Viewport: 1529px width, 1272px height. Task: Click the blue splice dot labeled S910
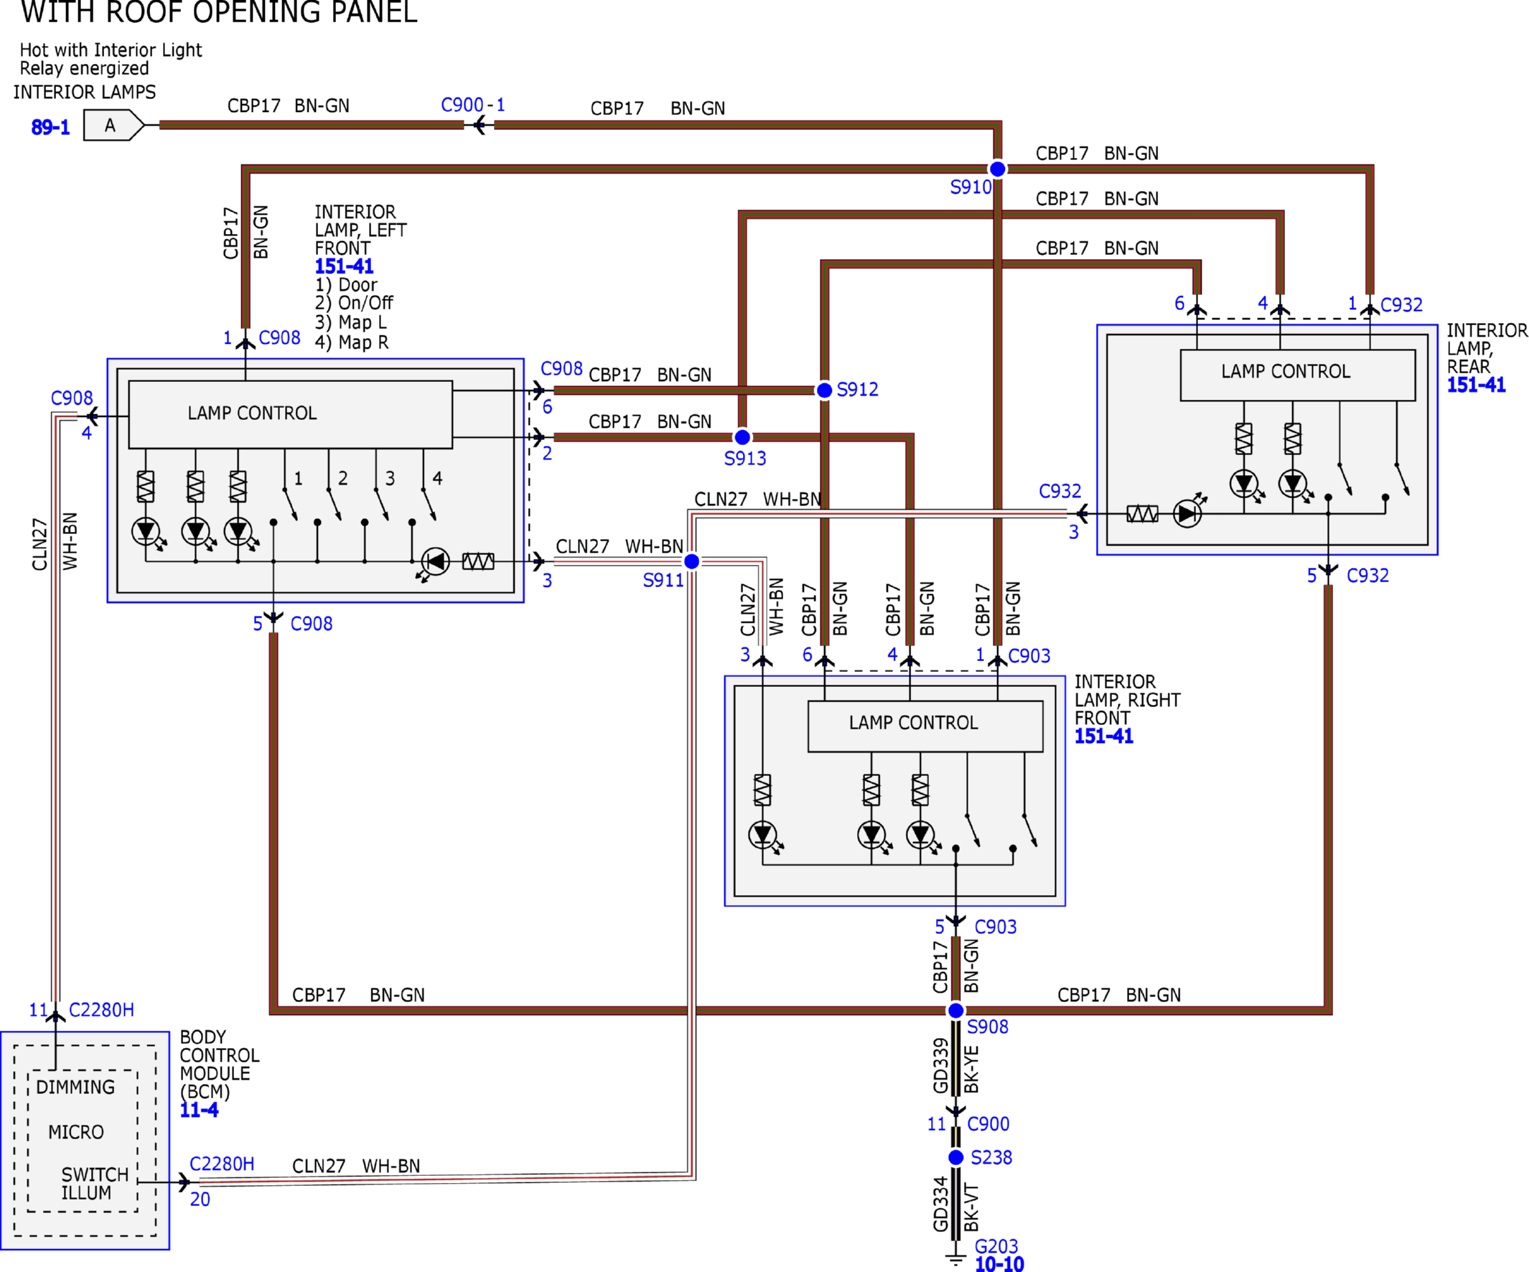click(x=998, y=169)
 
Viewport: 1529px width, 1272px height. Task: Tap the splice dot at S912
click(x=824, y=391)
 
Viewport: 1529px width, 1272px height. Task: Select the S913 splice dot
click(x=742, y=437)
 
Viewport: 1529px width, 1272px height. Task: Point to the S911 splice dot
click(x=692, y=561)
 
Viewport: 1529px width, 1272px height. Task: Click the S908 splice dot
click(x=956, y=1011)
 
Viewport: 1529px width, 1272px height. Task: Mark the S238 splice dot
click(x=956, y=1158)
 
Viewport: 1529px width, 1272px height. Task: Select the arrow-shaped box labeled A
click(x=113, y=125)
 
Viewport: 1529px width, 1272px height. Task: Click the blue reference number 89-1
click(x=50, y=128)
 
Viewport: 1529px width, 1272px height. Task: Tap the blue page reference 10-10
click(x=999, y=1264)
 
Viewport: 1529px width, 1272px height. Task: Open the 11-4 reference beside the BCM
click(x=199, y=1110)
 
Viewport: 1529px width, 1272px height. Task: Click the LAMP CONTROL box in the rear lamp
click(x=1297, y=375)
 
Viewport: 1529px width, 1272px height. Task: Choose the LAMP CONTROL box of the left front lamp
click(x=291, y=414)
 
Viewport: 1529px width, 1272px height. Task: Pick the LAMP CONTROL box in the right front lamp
click(x=925, y=726)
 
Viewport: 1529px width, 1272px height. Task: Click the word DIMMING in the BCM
click(x=75, y=1087)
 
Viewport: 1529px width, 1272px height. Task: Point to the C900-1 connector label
click(x=472, y=105)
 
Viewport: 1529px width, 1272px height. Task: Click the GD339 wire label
click(x=940, y=1066)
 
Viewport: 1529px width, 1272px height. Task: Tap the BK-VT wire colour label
click(x=971, y=1207)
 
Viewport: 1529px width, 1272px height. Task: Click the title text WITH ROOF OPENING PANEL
click(x=219, y=11)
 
